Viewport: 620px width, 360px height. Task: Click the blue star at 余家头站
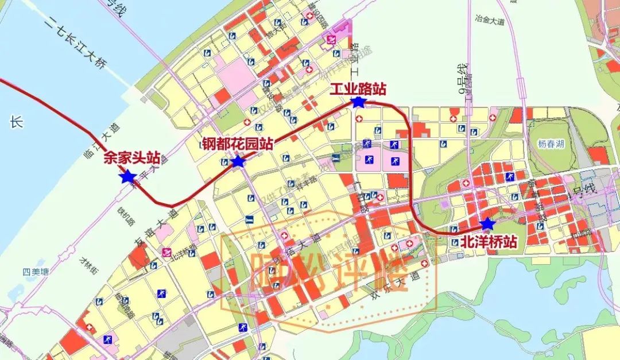point(127,177)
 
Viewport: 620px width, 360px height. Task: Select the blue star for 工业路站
point(358,102)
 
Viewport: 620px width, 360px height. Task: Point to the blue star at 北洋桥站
point(487,223)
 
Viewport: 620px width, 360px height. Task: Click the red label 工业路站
point(358,90)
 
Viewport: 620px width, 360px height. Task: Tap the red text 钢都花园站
point(237,144)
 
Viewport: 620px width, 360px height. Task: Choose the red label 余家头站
point(131,158)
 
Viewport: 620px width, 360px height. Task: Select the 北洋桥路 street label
point(183,250)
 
